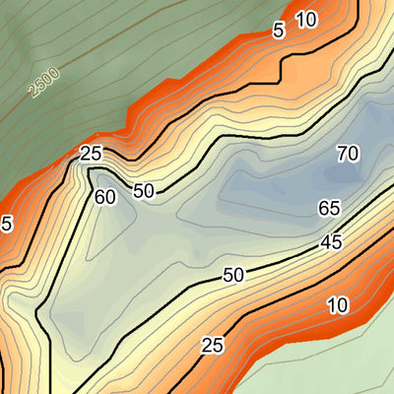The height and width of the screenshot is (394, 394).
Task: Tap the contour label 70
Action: tap(347, 153)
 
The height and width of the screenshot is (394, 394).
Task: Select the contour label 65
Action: tap(329, 209)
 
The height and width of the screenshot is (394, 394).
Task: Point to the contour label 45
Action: tap(330, 242)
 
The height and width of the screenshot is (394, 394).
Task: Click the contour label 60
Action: tap(106, 197)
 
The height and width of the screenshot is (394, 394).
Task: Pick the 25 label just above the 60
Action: tap(92, 155)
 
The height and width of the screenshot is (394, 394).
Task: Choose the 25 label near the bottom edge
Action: tap(212, 345)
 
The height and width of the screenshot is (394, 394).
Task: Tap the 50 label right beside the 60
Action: tap(144, 191)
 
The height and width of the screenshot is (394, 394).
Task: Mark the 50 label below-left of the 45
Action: tap(232, 275)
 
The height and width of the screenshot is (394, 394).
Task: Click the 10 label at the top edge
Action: tap(305, 19)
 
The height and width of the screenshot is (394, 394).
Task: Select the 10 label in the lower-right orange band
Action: tap(337, 305)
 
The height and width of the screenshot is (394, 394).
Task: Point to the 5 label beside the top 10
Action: tap(279, 31)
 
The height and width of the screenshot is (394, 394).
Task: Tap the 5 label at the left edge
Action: tap(6, 225)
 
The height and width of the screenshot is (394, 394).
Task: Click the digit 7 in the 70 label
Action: tap(341, 153)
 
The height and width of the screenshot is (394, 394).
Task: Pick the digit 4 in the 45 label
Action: tap(324, 243)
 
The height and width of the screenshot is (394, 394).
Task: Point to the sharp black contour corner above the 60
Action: tap(91, 169)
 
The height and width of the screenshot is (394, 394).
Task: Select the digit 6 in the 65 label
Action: tap(323, 209)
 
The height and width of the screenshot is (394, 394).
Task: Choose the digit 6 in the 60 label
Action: tap(100, 197)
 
